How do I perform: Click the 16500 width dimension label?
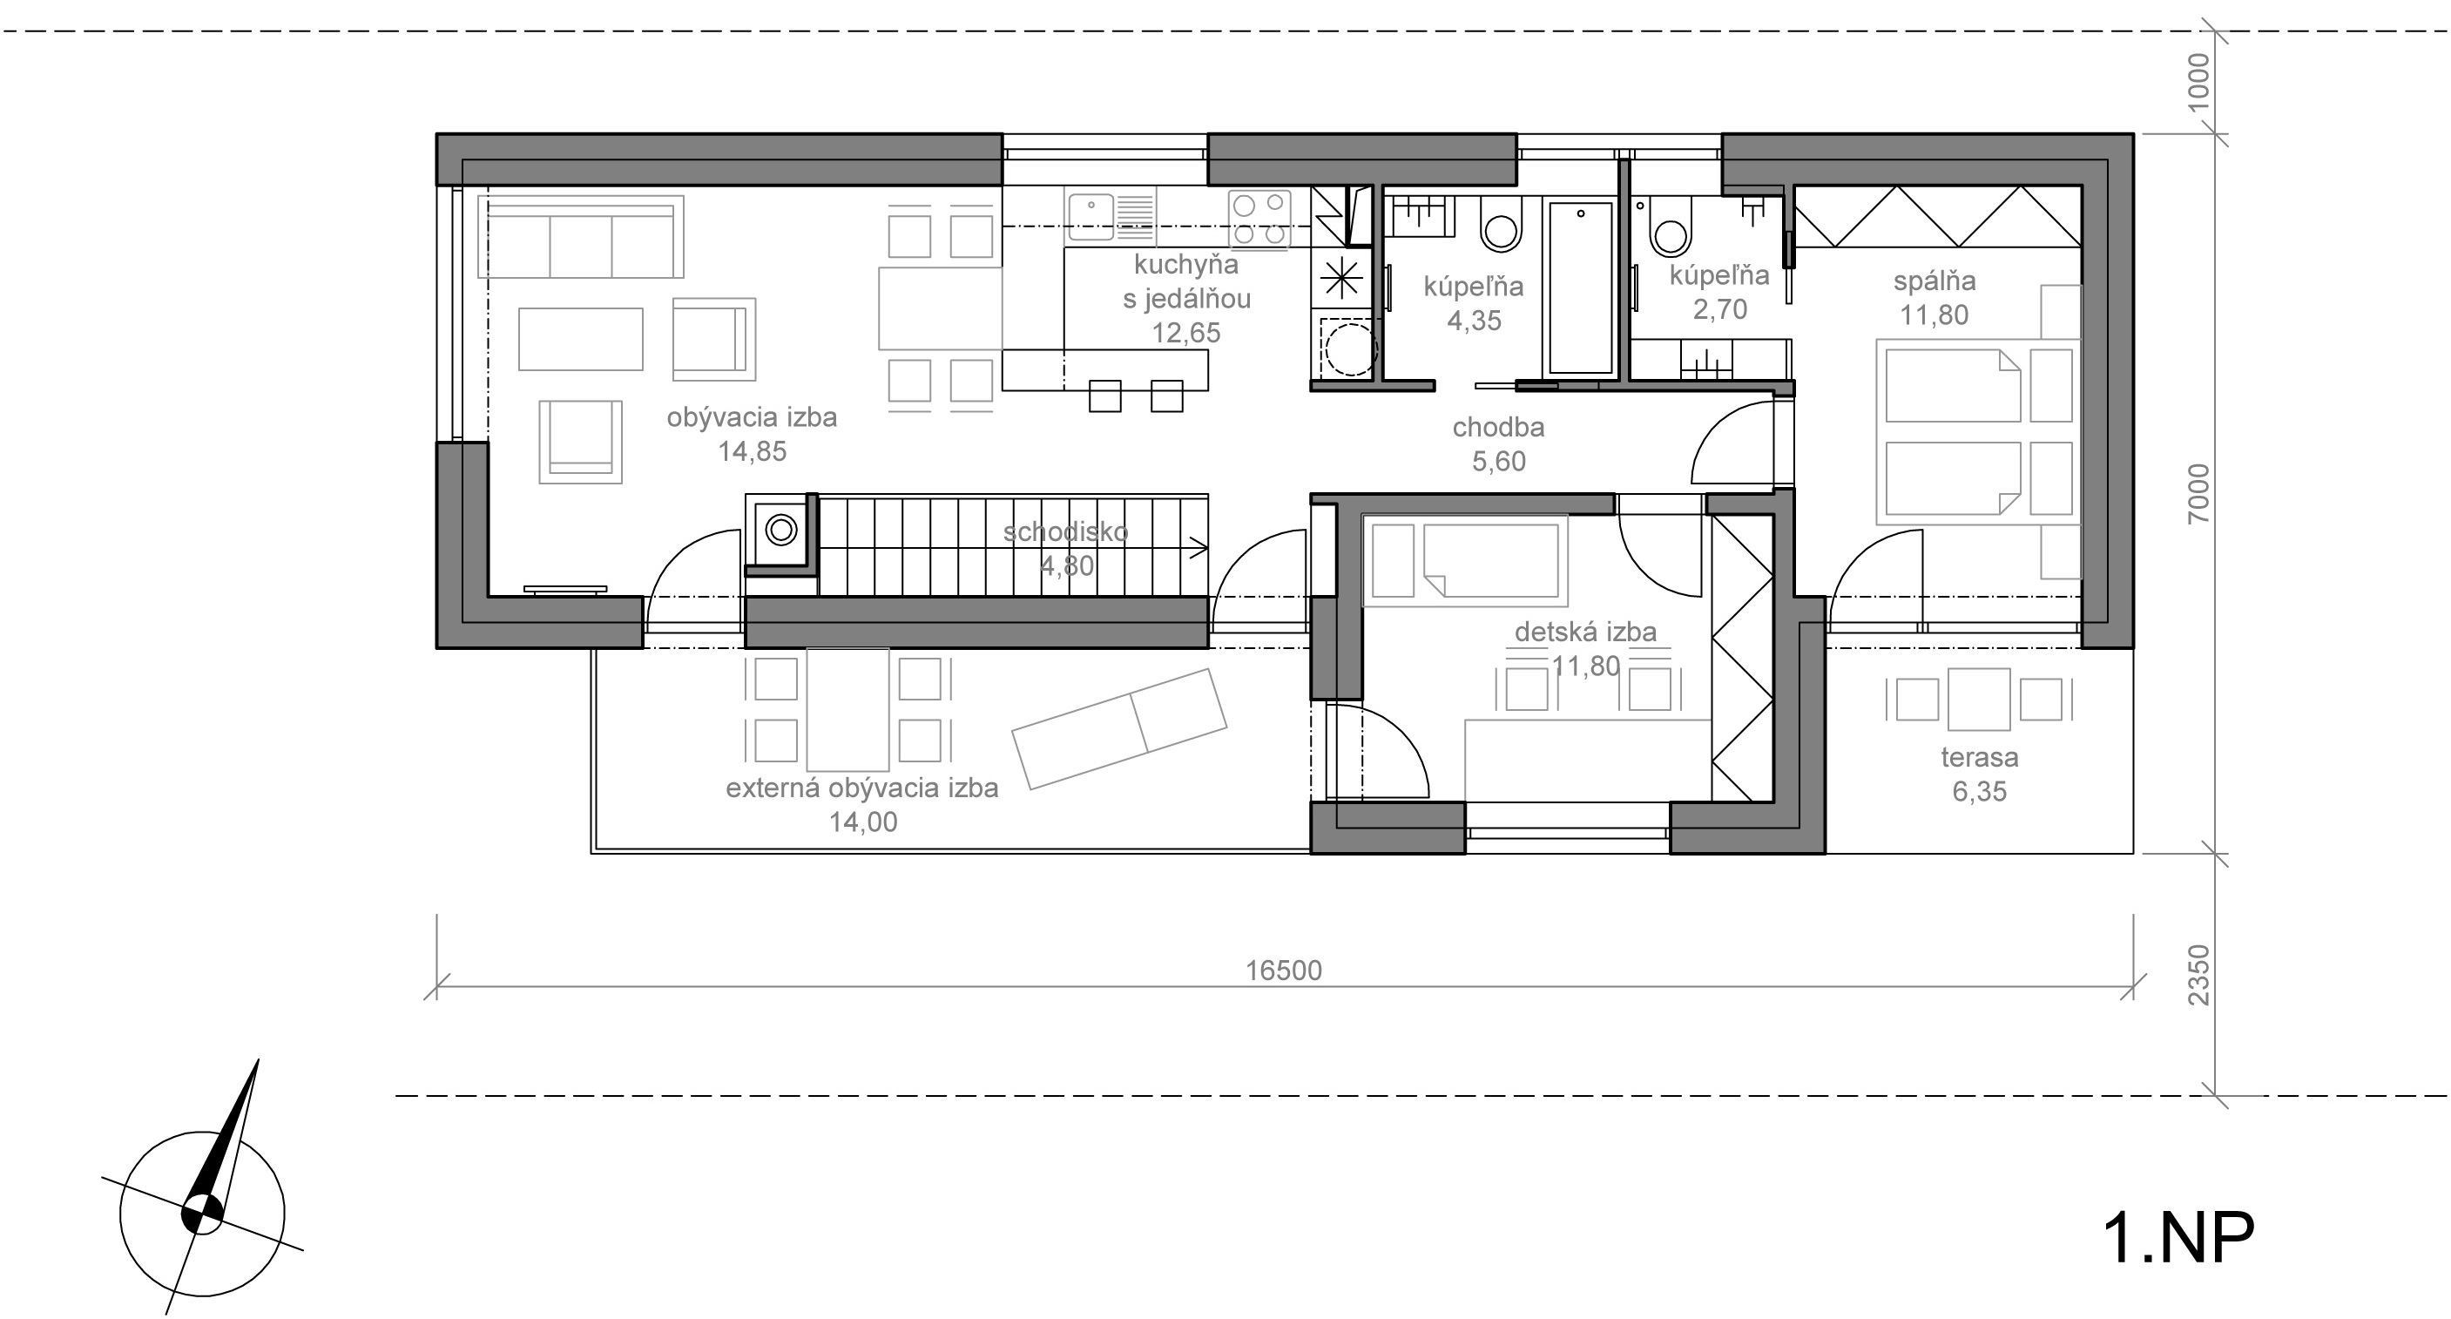1284,970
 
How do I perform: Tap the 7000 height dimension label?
2199,494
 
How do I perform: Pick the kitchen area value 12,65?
1186,333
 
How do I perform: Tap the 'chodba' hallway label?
1499,427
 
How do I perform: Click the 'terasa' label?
1980,758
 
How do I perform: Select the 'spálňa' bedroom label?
1934,281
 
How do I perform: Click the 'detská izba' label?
1585,632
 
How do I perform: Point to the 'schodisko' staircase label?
1065,532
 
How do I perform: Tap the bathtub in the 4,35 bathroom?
1580,287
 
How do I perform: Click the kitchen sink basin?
1090,217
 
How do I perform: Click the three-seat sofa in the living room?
581,236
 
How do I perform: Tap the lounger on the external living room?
1120,728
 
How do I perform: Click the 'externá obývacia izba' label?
862,788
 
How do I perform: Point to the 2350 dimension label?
2199,975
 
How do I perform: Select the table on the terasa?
1979,699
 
